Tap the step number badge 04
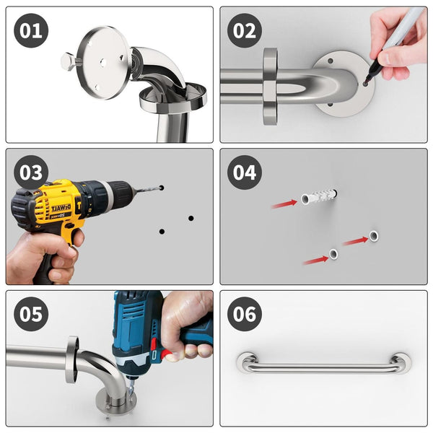(245, 172)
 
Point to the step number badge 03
(31, 172)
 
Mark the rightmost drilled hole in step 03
(191, 218)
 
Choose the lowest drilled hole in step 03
(162, 232)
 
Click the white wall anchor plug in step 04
(318, 196)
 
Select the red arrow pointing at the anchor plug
(284, 204)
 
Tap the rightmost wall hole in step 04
(374, 235)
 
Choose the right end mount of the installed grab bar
(401, 362)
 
